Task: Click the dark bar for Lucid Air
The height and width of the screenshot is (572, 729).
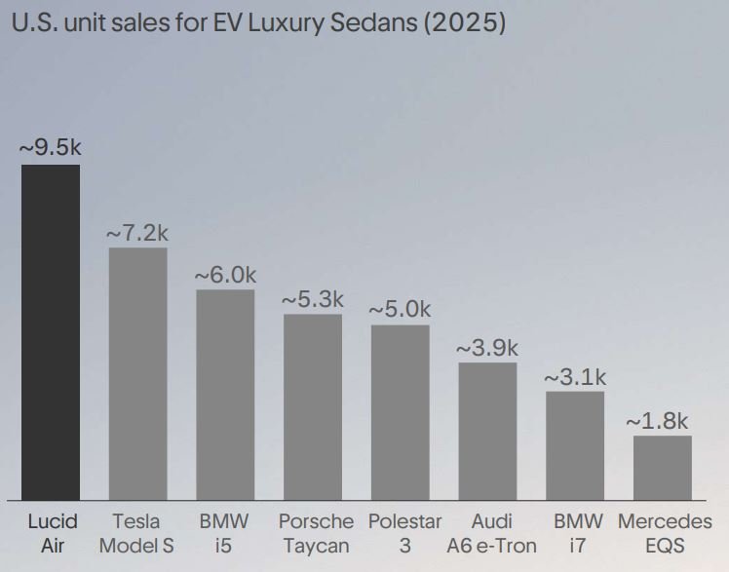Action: (x=51, y=332)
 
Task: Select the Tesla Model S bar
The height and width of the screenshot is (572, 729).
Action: (x=137, y=374)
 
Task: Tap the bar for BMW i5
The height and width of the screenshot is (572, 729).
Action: (x=225, y=395)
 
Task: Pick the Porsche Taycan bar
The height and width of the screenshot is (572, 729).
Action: (x=312, y=407)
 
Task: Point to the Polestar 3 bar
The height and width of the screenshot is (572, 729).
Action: (x=400, y=412)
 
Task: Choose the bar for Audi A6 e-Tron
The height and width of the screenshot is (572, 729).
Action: (x=487, y=432)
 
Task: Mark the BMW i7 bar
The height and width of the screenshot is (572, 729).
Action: (x=574, y=446)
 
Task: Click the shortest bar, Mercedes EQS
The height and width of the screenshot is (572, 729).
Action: (x=662, y=468)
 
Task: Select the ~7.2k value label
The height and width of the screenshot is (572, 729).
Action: (x=137, y=233)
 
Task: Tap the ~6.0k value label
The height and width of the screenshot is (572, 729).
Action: (x=225, y=275)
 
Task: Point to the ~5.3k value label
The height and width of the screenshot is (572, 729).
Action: (x=312, y=299)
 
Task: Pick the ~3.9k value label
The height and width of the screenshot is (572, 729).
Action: (x=487, y=348)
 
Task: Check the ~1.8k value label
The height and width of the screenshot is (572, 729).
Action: (x=657, y=421)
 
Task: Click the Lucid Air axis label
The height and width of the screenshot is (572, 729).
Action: (x=51, y=533)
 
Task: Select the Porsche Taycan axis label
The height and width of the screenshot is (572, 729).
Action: (x=316, y=533)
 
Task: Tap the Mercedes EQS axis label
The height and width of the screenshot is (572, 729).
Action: (x=665, y=533)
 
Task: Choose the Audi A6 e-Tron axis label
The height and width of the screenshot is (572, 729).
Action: (x=491, y=533)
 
